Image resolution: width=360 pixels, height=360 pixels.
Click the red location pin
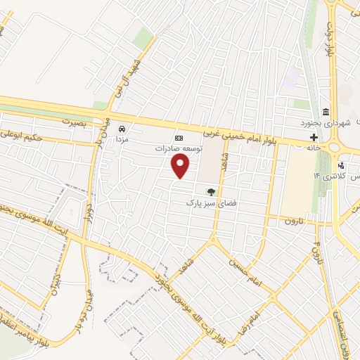[x=181, y=166]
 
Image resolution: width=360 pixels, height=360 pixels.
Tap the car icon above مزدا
[x=122, y=129]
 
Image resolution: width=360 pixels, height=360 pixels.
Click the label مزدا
[x=122, y=140]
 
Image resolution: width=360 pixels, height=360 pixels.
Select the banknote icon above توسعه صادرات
[x=179, y=138]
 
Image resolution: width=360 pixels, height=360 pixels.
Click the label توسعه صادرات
[x=179, y=149]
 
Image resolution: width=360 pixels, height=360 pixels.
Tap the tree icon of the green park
[x=210, y=191]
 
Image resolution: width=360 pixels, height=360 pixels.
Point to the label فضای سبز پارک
[x=199, y=202]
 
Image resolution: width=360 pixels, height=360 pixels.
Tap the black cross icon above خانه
[x=314, y=137]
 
